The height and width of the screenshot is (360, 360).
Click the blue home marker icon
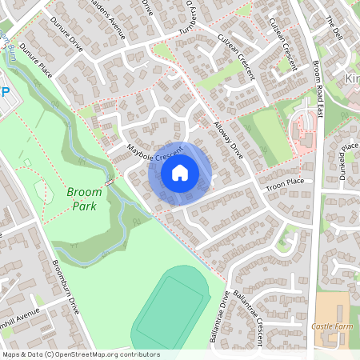coord(180,173)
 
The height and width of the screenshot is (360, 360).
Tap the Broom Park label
coord(84,199)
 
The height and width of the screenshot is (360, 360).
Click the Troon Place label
coord(285,184)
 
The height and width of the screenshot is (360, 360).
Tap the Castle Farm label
coord(333,326)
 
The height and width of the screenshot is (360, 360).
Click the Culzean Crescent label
coord(234,57)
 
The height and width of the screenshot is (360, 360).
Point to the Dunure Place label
coord(35,60)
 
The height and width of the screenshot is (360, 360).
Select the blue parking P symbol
coord(5,93)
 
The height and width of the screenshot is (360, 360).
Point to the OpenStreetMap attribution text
coord(80,354)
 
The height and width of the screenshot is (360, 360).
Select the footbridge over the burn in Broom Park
coord(108,182)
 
